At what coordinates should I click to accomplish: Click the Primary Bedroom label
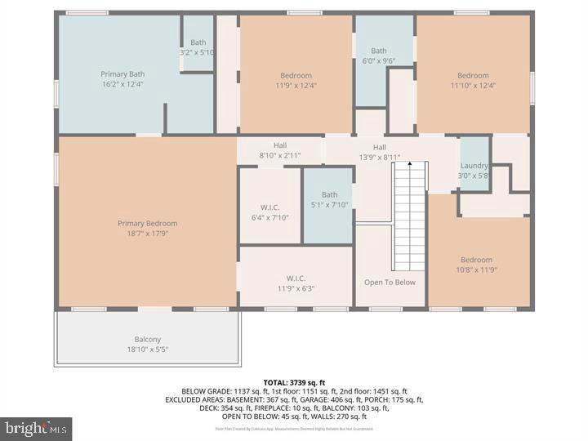pyautogui.click(x=147, y=223)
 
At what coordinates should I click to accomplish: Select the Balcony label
pyautogui.click(x=148, y=339)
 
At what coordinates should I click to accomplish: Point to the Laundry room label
pyautogui.click(x=474, y=165)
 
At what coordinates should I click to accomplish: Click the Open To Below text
pyautogui.click(x=390, y=283)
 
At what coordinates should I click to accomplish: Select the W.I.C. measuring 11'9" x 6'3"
pyautogui.click(x=296, y=283)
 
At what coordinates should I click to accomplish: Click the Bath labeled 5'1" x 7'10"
pyautogui.click(x=329, y=199)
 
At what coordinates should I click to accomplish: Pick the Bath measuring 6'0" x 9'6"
pyautogui.click(x=379, y=56)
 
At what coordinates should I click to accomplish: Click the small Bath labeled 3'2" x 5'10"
pyautogui.click(x=198, y=47)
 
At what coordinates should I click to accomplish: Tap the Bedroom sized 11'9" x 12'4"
pyautogui.click(x=296, y=80)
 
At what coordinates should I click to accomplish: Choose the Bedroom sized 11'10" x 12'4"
pyautogui.click(x=473, y=80)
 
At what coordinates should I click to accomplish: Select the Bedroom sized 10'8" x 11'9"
pyautogui.click(x=476, y=265)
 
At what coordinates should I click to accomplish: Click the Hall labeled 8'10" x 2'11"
pyautogui.click(x=280, y=149)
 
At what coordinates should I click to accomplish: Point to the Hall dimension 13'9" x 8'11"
pyautogui.click(x=380, y=158)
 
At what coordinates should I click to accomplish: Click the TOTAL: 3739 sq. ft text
pyautogui.click(x=294, y=382)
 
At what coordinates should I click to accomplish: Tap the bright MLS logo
pyautogui.click(x=36, y=429)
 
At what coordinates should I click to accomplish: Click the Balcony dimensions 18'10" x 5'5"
pyautogui.click(x=148, y=350)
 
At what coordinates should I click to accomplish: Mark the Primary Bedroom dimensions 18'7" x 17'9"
pyautogui.click(x=147, y=234)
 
